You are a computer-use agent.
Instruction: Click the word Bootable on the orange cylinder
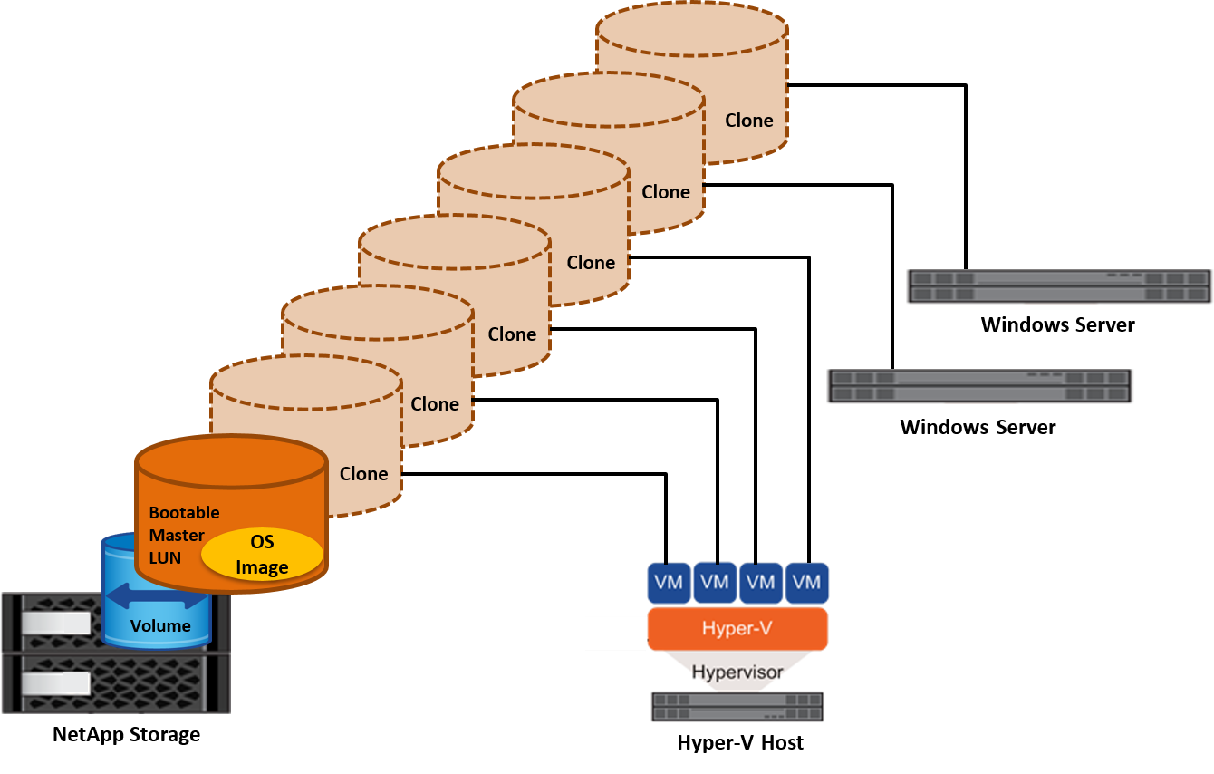[x=184, y=512]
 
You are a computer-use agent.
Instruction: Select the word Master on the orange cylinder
[x=177, y=535]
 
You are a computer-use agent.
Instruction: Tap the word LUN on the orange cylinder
[x=165, y=557]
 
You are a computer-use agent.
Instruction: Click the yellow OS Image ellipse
[x=262, y=554]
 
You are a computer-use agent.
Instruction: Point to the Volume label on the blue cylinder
[x=160, y=625]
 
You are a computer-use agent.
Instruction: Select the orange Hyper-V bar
[x=737, y=628]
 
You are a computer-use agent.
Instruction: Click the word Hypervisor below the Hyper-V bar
[x=737, y=672]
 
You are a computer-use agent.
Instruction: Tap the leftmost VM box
[x=669, y=582]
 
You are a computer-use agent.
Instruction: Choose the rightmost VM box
[x=806, y=582]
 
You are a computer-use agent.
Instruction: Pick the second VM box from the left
[x=715, y=582]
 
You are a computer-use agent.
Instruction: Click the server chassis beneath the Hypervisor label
[x=737, y=707]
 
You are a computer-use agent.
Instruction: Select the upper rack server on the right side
[x=1059, y=286]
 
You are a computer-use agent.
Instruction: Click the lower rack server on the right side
[x=979, y=386]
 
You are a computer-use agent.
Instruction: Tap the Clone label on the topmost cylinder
[x=748, y=121]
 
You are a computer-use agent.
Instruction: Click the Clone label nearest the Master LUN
[x=363, y=473]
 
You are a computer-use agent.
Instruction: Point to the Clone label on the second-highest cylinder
[x=666, y=191]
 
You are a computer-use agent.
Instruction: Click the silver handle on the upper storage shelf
[x=55, y=624]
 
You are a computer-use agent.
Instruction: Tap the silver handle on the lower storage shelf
[x=55, y=682]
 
